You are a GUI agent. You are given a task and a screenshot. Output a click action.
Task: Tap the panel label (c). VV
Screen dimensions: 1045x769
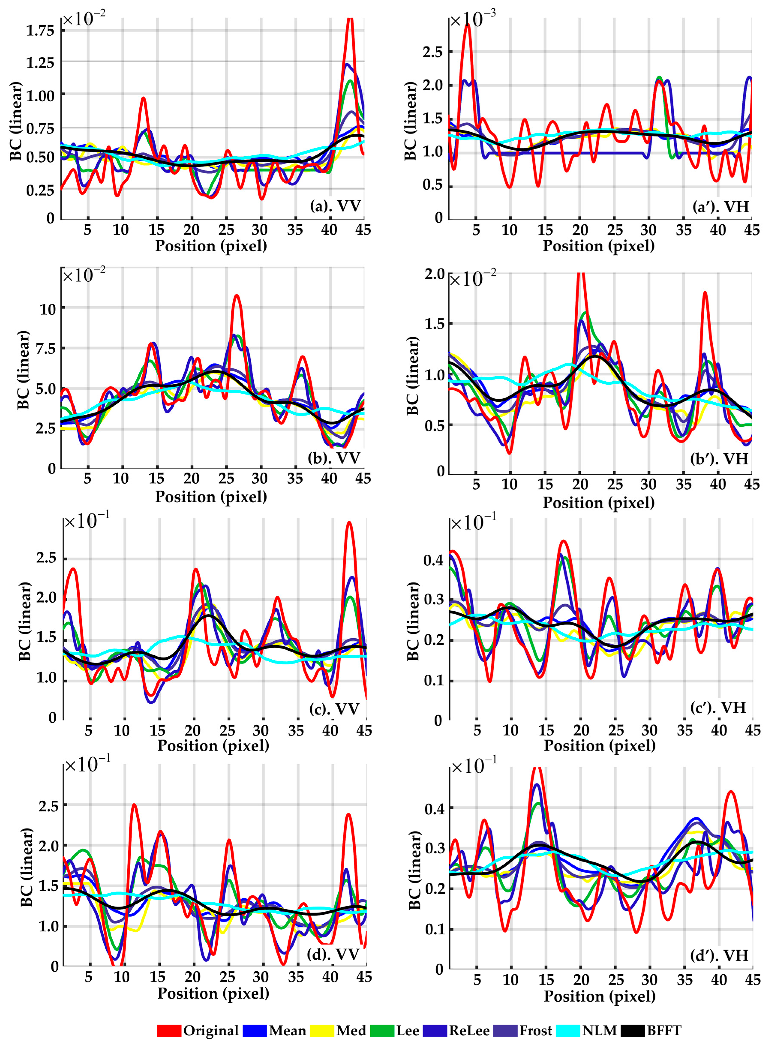click(x=334, y=709)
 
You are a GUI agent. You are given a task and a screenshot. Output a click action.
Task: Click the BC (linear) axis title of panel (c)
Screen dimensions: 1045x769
click(x=24, y=621)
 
